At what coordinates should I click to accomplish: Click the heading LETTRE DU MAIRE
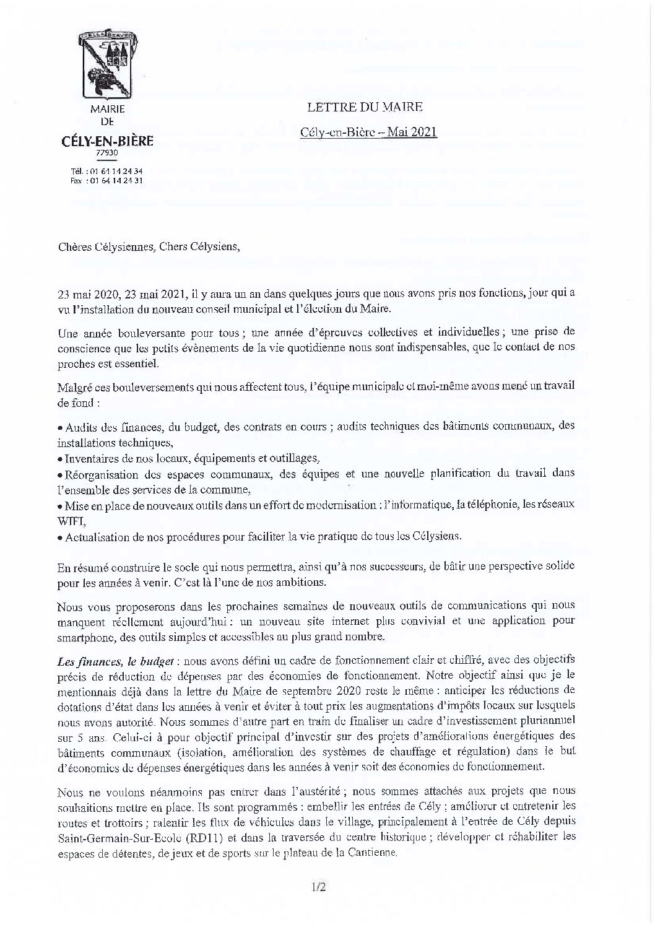(365, 107)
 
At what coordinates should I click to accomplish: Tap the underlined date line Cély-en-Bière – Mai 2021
(369, 132)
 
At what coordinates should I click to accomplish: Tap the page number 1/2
(318, 887)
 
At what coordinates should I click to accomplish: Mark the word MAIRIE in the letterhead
(107, 108)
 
